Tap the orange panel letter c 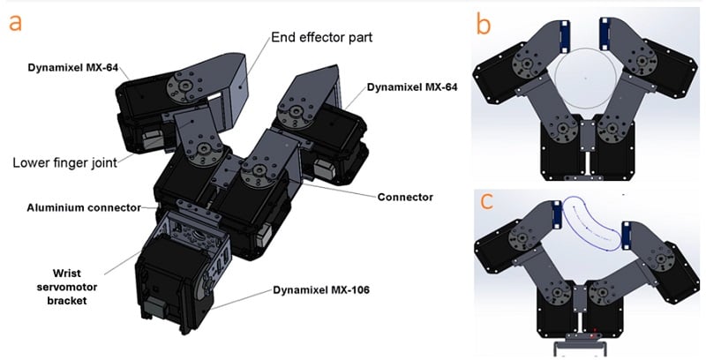click(x=484, y=202)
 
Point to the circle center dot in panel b click(x=585, y=79)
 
